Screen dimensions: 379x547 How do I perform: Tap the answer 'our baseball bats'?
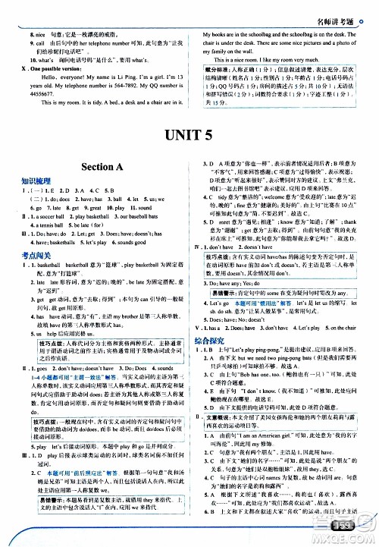tap(144, 215)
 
